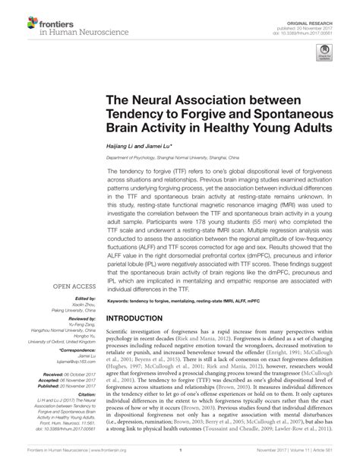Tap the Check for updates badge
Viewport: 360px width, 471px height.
click(x=325, y=55)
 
